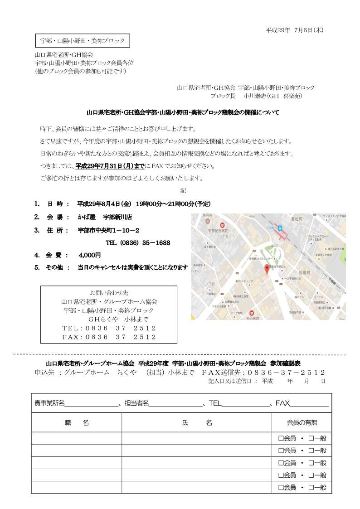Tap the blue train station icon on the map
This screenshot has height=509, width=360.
click(x=280, y=228)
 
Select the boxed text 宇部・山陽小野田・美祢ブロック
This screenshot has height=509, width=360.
click(x=83, y=41)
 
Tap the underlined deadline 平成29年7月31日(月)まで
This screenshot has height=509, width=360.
click(x=110, y=166)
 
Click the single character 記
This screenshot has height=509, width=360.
click(x=183, y=190)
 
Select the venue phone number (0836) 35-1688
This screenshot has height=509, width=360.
click(x=138, y=243)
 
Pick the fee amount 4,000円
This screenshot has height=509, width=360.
click(x=90, y=255)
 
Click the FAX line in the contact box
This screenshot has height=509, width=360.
click(x=109, y=337)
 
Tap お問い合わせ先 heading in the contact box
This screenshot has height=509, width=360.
click(x=109, y=292)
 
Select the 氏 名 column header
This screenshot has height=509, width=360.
click(x=197, y=422)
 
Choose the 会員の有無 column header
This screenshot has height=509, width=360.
click(x=302, y=422)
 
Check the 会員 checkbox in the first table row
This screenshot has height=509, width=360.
click(x=281, y=438)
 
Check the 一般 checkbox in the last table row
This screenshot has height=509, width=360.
click(x=311, y=487)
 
